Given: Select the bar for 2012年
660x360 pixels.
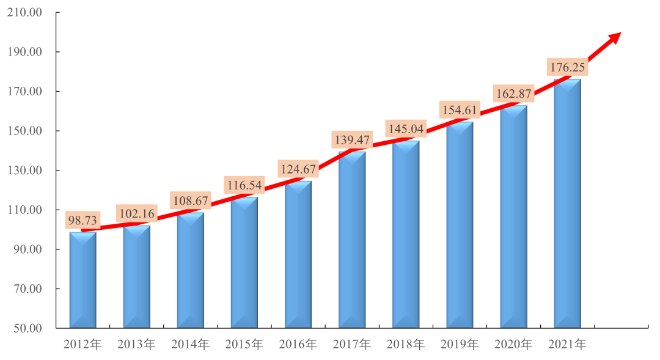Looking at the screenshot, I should tap(82, 281).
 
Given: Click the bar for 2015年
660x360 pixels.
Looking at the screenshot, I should tap(244, 263).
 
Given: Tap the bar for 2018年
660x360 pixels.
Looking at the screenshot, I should tap(406, 235).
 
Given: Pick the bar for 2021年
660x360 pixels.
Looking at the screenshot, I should tap(567, 205).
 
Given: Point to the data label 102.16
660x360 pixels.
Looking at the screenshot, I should tap(136, 215).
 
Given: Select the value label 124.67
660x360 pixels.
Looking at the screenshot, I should tap(298, 169).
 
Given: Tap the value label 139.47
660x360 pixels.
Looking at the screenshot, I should tap(351, 140).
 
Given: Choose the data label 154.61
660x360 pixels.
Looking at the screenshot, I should tap(459, 110).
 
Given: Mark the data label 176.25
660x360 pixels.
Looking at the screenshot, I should tap(567, 67).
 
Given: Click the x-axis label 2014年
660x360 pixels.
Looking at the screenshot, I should tap(190, 345).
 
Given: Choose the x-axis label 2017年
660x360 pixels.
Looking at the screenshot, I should tap(351, 345).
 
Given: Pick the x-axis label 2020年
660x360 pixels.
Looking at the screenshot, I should tap(513, 345).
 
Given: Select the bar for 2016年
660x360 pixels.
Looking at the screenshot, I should tap(298, 254).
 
